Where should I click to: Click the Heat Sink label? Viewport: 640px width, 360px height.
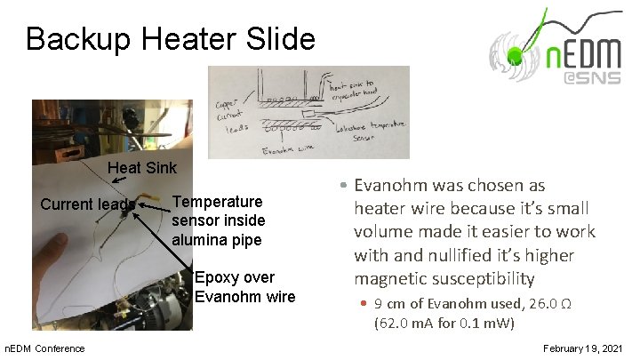tap(142, 168)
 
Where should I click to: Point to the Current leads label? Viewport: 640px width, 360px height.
tap(87, 204)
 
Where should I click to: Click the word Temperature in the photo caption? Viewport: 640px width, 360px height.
tap(217, 202)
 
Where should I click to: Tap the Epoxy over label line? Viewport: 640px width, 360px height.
tap(234, 277)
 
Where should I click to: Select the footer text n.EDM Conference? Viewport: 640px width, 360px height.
tap(45, 348)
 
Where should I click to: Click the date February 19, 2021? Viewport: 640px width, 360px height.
tap(583, 348)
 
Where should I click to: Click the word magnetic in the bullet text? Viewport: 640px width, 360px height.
tap(388, 279)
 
